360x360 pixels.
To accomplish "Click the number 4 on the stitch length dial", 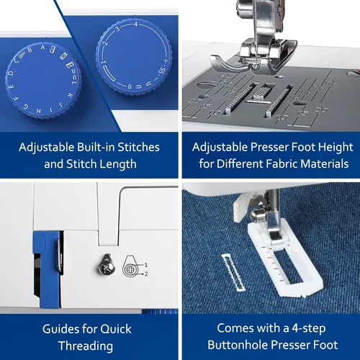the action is [136, 24].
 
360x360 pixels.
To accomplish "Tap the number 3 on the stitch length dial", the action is [117, 29].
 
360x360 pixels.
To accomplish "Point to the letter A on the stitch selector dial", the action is [42, 48].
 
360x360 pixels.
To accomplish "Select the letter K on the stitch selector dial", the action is [69, 95].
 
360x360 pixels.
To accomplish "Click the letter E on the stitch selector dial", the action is [12, 86].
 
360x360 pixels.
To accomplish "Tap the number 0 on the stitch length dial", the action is [130, 86].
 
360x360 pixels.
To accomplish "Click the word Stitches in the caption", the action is [138, 147].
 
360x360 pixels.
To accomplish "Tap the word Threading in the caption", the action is [86, 346].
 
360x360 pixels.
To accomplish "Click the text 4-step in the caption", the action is [309, 328].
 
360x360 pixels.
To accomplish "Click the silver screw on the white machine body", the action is [107, 265].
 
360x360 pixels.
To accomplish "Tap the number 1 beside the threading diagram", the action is [146, 265].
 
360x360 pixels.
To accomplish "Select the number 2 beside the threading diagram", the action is [146, 274].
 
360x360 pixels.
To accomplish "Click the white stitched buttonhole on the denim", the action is [233, 272].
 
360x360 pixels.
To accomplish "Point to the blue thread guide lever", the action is [47, 269].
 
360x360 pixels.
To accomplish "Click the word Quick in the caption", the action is [116, 329].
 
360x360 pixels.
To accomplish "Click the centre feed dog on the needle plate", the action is [263, 91].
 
